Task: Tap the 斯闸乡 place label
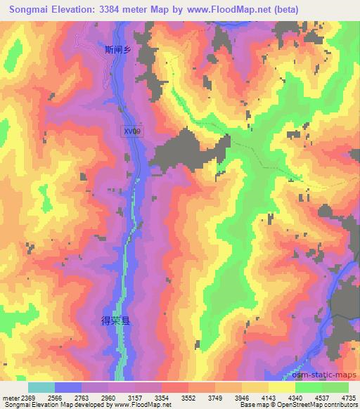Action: coord(117,49)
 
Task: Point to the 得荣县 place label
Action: coord(116,320)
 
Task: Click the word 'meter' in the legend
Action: coord(11,398)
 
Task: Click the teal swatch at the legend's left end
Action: coord(41,387)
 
